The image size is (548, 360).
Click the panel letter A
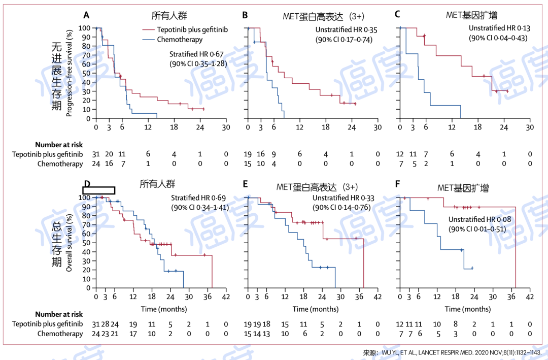(x=87, y=14)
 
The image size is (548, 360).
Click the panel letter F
(x=398, y=184)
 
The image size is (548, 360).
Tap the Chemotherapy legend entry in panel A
(x=180, y=40)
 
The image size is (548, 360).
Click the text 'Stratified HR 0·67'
(x=197, y=54)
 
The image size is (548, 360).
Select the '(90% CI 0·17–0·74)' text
(x=344, y=39)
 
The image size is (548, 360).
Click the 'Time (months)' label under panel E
(x=315, y=309)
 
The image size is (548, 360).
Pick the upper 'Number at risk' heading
(x=59, y=145)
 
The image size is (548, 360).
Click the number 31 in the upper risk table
(x=96, y=154)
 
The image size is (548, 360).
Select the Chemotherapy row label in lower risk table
(x=60, y=334)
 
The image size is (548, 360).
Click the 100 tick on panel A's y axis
(x=85, y=28)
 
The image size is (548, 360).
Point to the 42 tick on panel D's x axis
(x=226, y=297)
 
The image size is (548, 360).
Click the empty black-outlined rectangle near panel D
(x=98, y=190)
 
